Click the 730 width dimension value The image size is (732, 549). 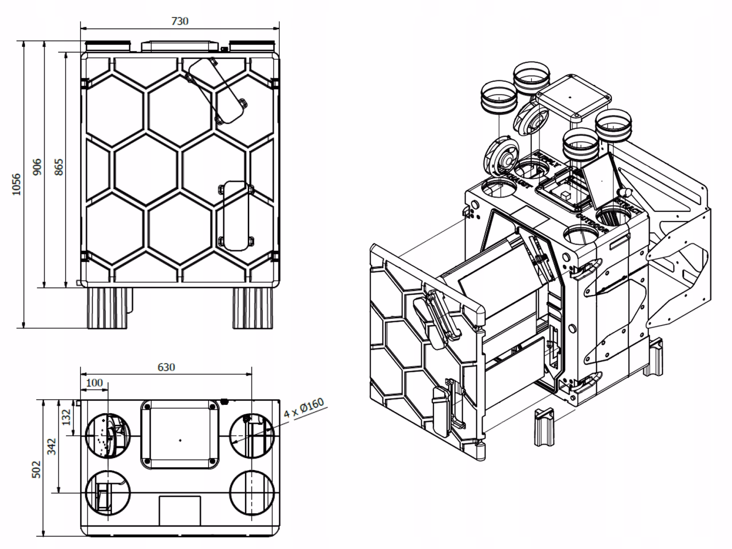[x=180, y=21]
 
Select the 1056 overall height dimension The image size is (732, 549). [x=16, y=184]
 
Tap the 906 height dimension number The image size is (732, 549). [x=37, y=167]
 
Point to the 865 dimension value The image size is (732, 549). [x=59, y=167]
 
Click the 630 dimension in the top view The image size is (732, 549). [x=166, y=367]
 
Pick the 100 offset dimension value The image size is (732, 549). [x=94, y=382]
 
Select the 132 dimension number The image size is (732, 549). [x=67, y=417]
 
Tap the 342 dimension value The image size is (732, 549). [x=51, y=446]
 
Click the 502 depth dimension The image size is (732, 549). [x=36, y=469]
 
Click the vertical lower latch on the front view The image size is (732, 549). [x=236, y=215]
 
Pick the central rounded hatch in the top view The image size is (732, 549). [x=180, y=434]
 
